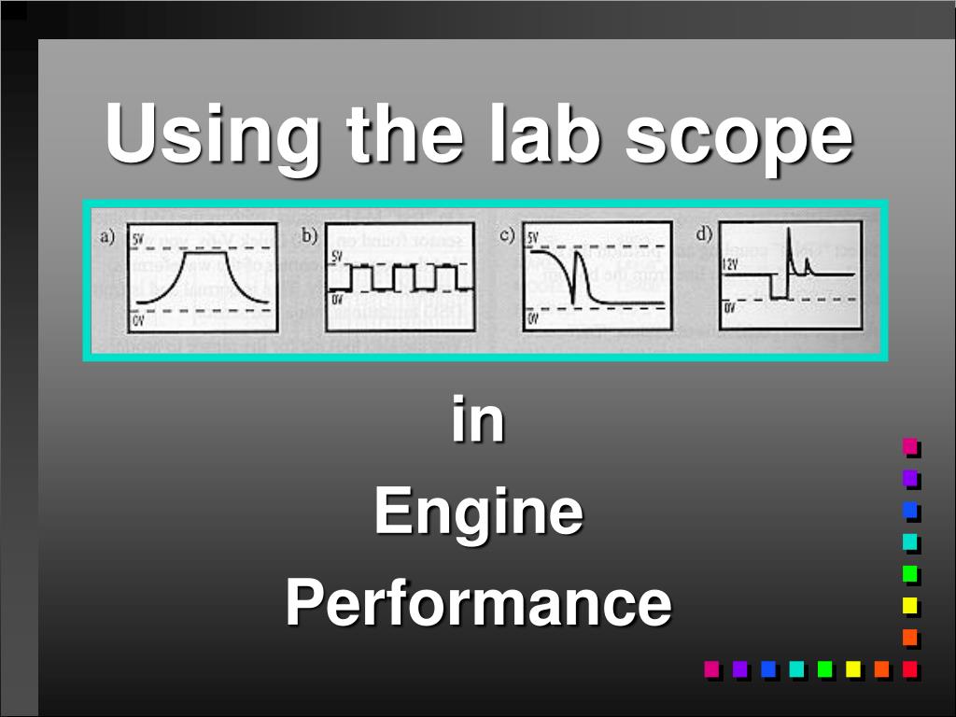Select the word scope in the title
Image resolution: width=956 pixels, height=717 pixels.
tap(738, 135)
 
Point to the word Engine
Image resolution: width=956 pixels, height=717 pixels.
tap(478, 513)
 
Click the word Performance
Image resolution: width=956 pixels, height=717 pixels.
tap(478, 602)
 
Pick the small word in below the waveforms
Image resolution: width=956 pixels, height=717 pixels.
tap(478, 421)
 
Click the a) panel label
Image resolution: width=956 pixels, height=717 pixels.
tap(108, 237)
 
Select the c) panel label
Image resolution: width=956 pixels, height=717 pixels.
tap(507, 235)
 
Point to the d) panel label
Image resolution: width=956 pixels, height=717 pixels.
tap(705, 234)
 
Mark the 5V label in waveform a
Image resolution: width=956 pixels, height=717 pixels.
tap(138, 240)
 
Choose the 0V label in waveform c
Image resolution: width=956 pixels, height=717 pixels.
tap(533, 319)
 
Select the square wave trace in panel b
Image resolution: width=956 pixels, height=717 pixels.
tap(398, 277)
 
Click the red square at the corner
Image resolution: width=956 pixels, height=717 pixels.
tap(910, 668)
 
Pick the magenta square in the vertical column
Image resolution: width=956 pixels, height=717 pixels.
tap(910, 446)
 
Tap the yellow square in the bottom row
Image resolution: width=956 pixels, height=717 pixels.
tap(853, 668)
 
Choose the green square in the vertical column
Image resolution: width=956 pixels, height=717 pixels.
tap(910, 572)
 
